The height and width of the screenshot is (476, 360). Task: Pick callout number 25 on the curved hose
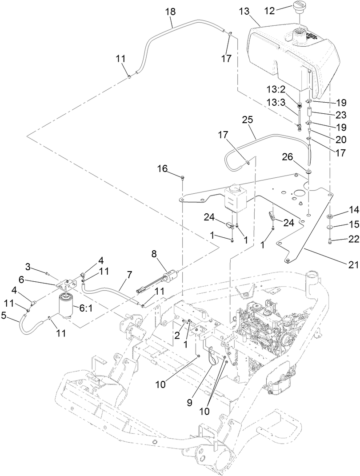(248, 120)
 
